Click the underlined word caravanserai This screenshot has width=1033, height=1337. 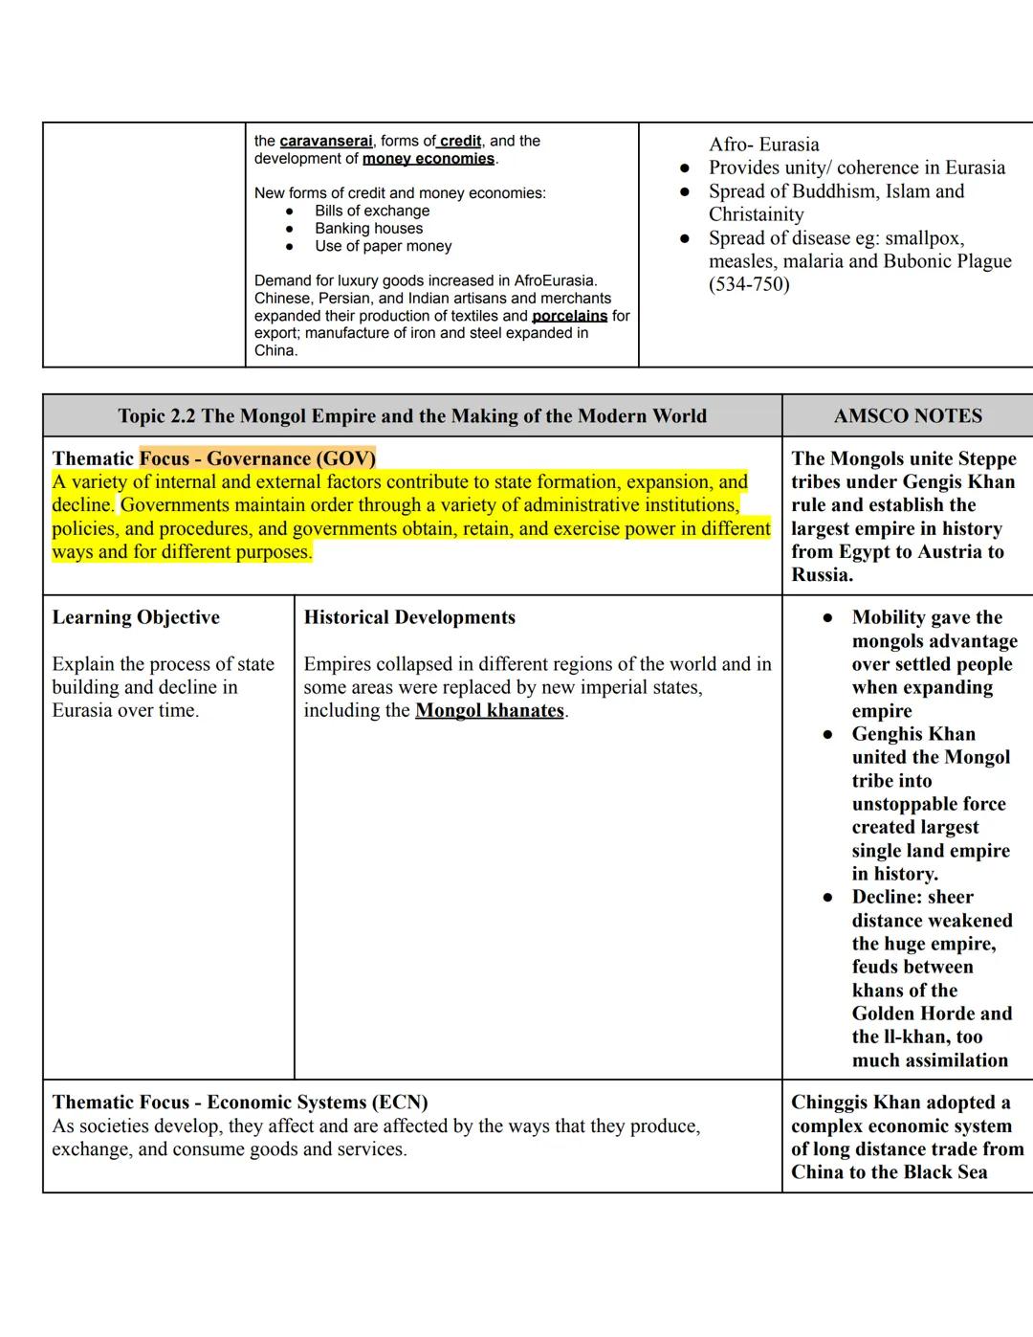click(325, 141)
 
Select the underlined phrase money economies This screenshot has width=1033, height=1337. click(429, 159)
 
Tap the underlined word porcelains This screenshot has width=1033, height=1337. click(569, 316)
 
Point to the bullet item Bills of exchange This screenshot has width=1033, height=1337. click(372, 211)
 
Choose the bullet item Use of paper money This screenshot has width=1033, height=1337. click(383, 246)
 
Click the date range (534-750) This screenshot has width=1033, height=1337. click(749, 284)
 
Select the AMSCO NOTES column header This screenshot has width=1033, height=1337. click(908, 416)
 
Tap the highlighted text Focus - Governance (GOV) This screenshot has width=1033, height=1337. click(257, 458)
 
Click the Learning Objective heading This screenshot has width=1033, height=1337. click(136, 617)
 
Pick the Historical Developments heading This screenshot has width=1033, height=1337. click(409, 617)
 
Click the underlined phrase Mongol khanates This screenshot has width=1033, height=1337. click(490, 710)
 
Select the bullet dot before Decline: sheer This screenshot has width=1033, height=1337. click(828, 898)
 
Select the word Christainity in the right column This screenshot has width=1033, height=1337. click(756, 214)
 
